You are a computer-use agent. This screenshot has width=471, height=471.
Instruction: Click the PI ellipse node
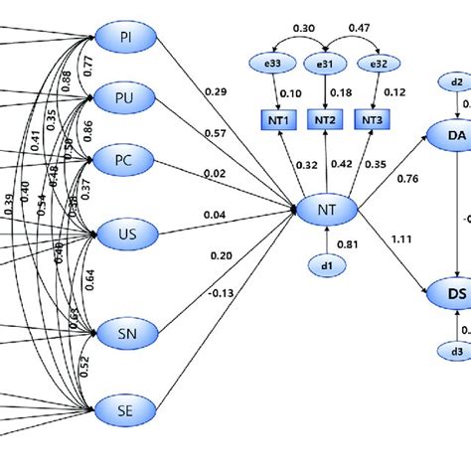pos(126,37)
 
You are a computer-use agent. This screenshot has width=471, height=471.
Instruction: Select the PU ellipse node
pos(126,96)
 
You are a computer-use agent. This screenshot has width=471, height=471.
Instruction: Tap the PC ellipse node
pos(126,157)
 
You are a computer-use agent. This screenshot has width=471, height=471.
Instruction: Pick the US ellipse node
pos(126,235)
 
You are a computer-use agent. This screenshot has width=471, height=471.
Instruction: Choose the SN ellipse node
pos(126,334)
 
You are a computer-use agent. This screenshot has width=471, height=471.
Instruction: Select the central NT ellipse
pos(325,210)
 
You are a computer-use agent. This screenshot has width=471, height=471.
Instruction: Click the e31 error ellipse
pos(325,65)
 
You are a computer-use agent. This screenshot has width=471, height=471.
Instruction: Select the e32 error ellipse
pos(379,65)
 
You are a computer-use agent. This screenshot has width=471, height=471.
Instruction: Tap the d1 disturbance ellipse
pos(325,266)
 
